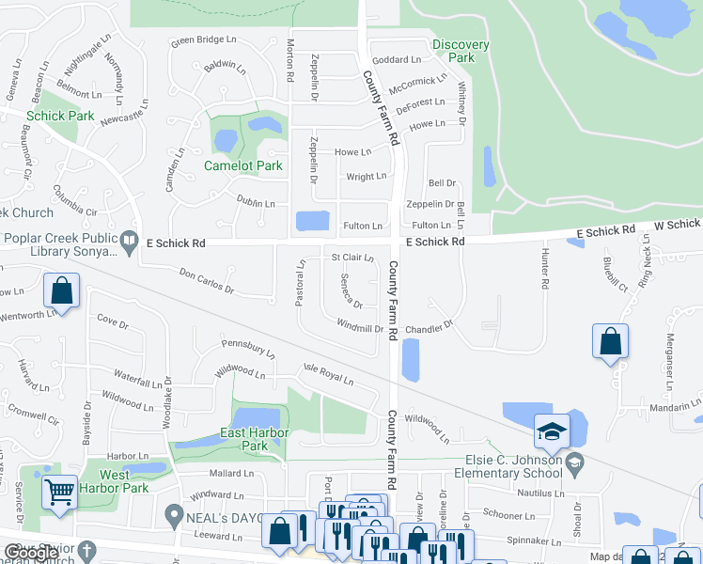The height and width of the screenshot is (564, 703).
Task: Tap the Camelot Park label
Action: [x=243, y=166]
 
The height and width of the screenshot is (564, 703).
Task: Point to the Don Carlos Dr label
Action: [x=206, y=278]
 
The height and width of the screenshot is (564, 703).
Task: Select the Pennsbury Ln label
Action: [x=248, y=351]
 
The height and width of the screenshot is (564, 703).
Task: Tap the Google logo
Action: [x=31, y=553]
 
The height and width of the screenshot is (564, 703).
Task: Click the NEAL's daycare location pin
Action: [x=173, y=514]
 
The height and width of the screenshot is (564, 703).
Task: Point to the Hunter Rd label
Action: [x=544, y=270]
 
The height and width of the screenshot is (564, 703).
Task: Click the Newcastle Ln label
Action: [x=124, y=120]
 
